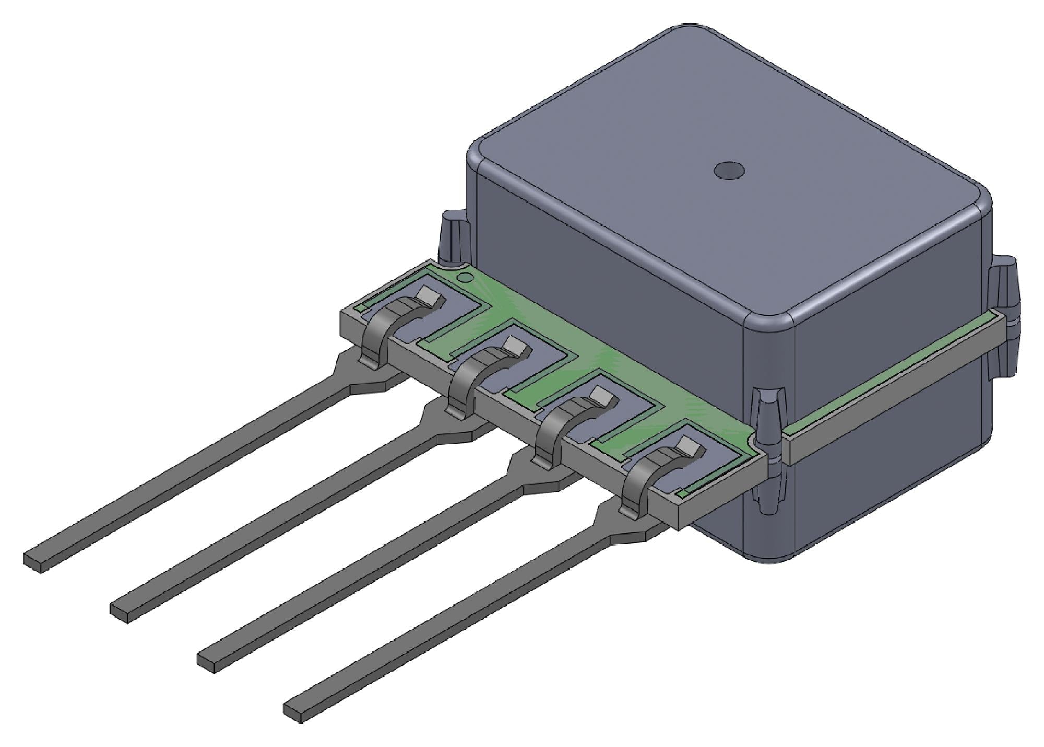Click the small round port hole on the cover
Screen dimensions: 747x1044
coord(729,170)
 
